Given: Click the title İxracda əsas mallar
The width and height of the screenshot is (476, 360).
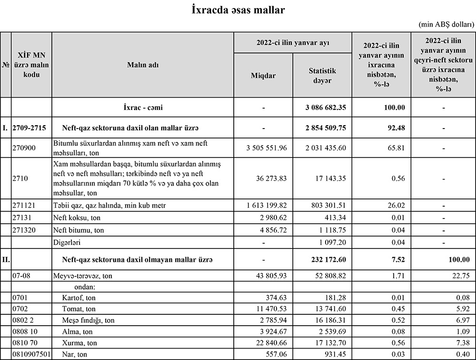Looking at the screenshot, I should [x=238, y=10].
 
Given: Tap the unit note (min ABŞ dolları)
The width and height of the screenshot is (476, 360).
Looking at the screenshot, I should [x=446, y=24].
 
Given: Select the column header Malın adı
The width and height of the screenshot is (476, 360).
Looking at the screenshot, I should [x=142, y=65].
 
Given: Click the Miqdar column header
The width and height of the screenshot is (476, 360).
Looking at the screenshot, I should [x=263, y=75].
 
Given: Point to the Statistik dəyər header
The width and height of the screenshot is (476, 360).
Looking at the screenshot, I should [x=322, y=75].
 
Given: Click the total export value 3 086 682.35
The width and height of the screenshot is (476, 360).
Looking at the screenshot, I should [x=326, y=108].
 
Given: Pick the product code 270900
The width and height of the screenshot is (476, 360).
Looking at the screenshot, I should [x=23, y=148].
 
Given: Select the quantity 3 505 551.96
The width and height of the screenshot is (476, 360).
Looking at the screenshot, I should [x=267, y=148].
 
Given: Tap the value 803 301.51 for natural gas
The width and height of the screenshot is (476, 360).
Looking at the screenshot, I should [x=326, y=205].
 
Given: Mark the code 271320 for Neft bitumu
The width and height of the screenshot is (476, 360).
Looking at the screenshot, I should [x=23, y=230].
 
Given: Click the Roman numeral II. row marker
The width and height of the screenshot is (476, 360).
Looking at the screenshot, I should [x=6, y=260].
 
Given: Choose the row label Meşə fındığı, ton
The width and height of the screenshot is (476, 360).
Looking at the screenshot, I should [x=89, y=320].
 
